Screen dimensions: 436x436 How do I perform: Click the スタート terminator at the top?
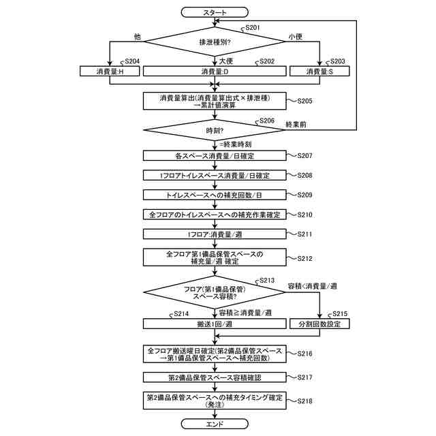point(215,12)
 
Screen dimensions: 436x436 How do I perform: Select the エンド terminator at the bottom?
point(215,424)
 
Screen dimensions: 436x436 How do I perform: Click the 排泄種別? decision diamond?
point(215,42)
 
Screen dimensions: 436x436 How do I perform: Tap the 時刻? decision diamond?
point(215,130)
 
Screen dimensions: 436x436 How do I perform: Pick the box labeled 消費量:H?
point(110,71)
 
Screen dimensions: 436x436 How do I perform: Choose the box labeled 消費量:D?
point(215,71)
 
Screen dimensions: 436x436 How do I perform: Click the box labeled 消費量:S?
point(320,71)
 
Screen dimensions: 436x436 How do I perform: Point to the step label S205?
point(305,101)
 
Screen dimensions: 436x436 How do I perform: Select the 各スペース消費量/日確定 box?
point(215,156)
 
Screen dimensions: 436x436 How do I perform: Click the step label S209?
point(305,195)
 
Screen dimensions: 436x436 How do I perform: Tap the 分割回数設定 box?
point(320,324)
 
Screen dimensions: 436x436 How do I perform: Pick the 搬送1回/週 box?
point(215,324)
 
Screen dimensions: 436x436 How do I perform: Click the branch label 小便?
point(295,36)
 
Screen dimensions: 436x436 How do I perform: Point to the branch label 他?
point(138,36)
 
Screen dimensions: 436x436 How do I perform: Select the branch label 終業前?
point(296,124)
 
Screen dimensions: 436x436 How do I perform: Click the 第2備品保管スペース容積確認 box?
point(215,377)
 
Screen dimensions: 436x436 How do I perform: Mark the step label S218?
point(305,401)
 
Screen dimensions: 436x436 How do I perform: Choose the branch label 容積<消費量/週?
point(313,286)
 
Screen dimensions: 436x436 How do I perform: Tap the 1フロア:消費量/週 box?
point(215,234)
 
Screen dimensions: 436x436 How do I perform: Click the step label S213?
point(267,280)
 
